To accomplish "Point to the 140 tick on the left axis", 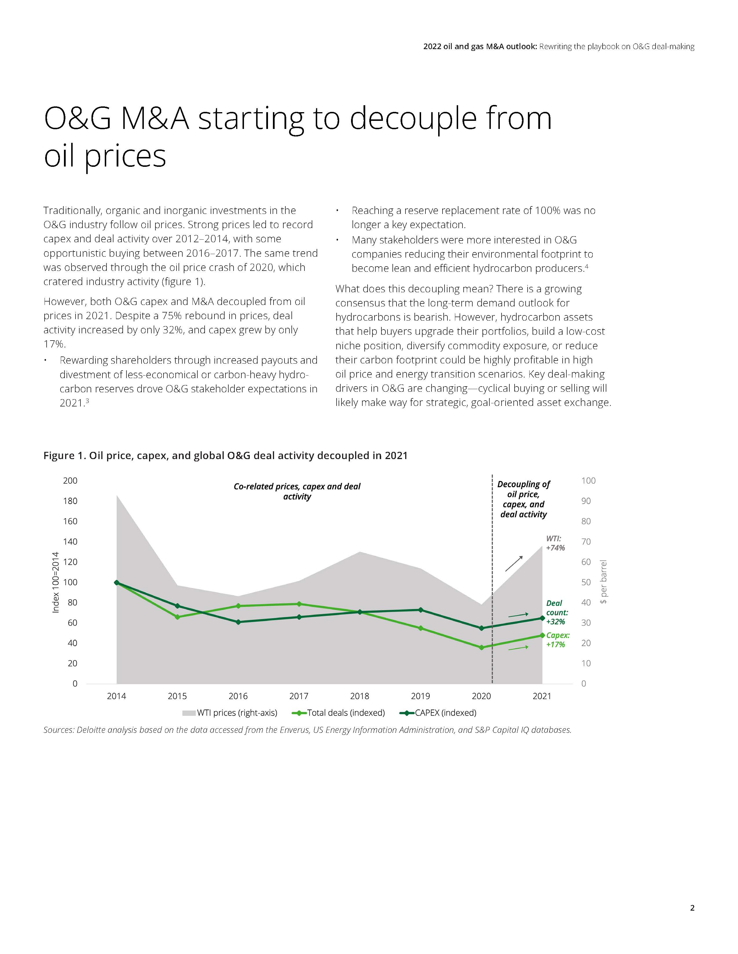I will [70, 542].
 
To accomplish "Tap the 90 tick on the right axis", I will [586, 501].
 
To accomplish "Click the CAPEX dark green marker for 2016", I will [238, 622].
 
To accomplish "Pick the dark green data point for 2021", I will [542, 618].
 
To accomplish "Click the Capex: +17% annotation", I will [557, 640].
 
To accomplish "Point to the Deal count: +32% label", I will [557, 612].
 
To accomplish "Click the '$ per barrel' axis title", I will [603, 582].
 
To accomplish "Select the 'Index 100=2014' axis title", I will [56, 582].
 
